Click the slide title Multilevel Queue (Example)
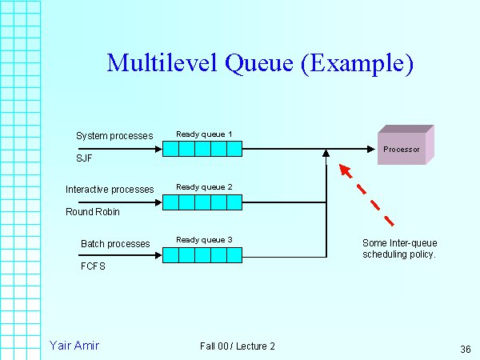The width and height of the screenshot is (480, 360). [259, 63]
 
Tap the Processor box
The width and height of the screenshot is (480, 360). [402, 149]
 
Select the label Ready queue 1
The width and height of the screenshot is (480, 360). [204, 134]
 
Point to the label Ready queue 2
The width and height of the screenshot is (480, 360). [204, 187]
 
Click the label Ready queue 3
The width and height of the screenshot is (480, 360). [204, 240]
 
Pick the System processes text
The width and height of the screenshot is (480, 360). [114, 136]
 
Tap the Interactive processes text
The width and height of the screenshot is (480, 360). [110, 190]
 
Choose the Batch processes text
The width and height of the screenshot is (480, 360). [115, 243]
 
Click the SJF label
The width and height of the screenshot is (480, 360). [85, 158]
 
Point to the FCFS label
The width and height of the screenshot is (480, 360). [94, 266]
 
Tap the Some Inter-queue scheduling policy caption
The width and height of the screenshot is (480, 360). [399, 249]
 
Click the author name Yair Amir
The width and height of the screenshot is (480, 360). [74, 346]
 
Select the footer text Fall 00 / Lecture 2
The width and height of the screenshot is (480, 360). [238, 346]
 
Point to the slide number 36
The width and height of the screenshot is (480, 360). [466, 349]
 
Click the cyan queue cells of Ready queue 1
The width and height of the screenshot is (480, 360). [202, 149]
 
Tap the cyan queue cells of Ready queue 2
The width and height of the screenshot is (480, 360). [202, 202]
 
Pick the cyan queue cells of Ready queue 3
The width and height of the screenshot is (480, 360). [202, 256]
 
